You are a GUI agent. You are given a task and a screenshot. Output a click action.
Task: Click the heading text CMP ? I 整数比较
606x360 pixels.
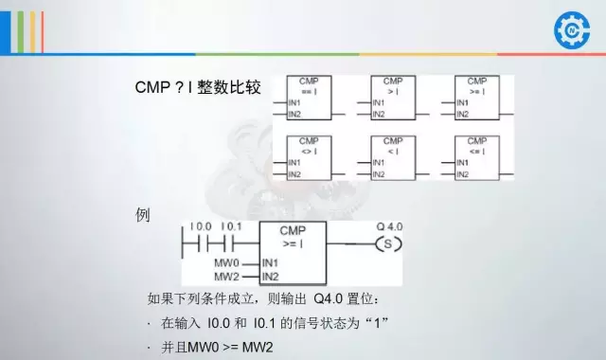point(198,88)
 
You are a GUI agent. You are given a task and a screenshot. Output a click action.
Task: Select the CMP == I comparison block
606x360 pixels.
point(309,98)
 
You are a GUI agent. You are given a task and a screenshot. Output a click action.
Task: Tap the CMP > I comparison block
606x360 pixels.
point(392,98)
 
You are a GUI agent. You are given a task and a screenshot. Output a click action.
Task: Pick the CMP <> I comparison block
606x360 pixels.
point(309,158)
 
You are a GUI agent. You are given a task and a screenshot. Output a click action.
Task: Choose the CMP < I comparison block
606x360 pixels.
point(392,158)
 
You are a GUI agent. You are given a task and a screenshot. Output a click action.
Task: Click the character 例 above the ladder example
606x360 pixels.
point(144,215)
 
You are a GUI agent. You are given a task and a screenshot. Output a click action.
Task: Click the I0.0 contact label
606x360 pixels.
point(201,227)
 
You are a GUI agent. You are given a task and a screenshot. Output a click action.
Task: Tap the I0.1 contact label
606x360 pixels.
point(231,227)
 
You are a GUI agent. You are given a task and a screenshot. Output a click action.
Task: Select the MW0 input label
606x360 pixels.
point(226,261)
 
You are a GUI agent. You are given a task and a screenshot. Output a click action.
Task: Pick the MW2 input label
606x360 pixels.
point(226,277)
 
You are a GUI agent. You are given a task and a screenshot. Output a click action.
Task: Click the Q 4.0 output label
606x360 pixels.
point(389,227)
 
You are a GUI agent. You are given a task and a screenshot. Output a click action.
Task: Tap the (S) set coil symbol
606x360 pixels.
point(388,244)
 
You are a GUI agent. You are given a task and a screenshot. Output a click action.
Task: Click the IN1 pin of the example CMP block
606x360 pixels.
point(270,261)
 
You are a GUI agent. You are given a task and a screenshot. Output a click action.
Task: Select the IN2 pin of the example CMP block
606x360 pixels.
point(270,277)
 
